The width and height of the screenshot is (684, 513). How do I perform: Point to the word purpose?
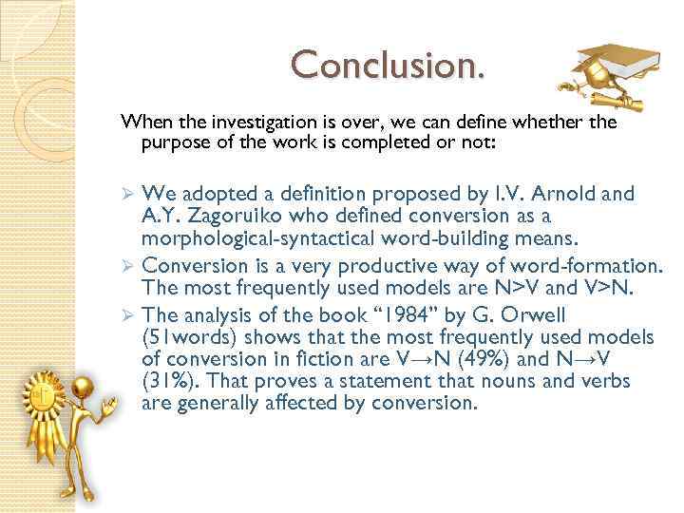click(x=172, y=143)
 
